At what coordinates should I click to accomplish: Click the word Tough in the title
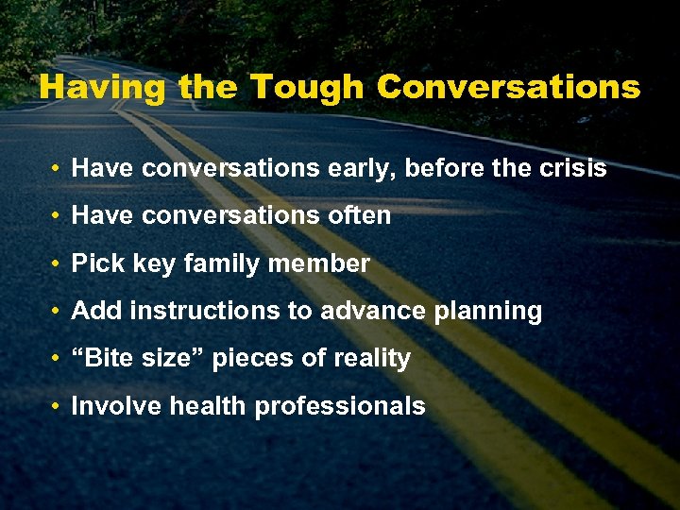[x=309, y=87]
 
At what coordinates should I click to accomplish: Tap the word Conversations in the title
[x=508, y=87]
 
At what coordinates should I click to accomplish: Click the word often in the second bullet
[x=359, y=215]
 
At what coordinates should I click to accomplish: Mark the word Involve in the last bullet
[x=107, y=406]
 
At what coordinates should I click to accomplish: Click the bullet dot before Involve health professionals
[x=58, y=407]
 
